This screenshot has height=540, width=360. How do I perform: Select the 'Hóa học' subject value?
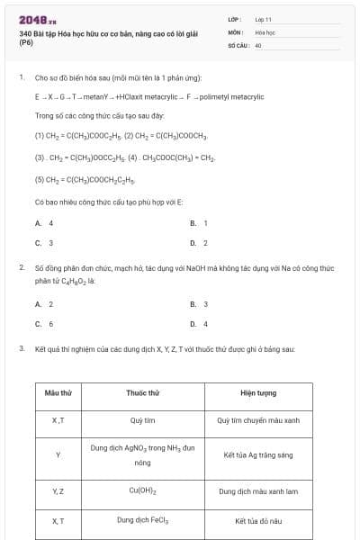pyautogui.click(x=265, y=31)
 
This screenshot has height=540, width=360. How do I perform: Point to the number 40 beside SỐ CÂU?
pyautogui.click(x=258, y=44)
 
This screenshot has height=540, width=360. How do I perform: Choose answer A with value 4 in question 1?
pyautogui.click(x=44, y=222)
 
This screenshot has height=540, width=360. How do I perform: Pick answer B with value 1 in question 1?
pyautogui.click(x=199, y=222)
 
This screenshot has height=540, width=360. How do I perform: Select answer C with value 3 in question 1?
pyautogui.click(x=44, y=243)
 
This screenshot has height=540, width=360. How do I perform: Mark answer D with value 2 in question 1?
pyautogui.click(x=199, y=243)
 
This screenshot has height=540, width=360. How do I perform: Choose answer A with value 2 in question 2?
pyautogui.click(x=44, y=303)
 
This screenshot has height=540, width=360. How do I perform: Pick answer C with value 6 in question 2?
pyautogui.click(x=44, y=324)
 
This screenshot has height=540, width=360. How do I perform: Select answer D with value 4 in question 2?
pyautogui.click(x=199, y=324)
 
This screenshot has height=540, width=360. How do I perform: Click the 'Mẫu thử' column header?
pyautogui.click(x=58, y=393)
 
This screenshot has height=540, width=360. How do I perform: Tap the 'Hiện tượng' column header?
pyautogui.click(x=258, y=393)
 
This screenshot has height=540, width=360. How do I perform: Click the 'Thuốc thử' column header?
pyautogui.click(x=143, y=393)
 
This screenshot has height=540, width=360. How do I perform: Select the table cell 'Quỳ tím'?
pyautogui.click(x=143, y=419)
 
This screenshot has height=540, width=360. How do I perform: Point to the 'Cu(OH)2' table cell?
pyautogui.click(x=143, y=490)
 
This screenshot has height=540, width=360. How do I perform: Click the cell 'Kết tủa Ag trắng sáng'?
pyautogui.click(x=258, y=455)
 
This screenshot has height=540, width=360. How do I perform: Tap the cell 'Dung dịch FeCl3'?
pyautogui.click(x=143, y=520)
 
